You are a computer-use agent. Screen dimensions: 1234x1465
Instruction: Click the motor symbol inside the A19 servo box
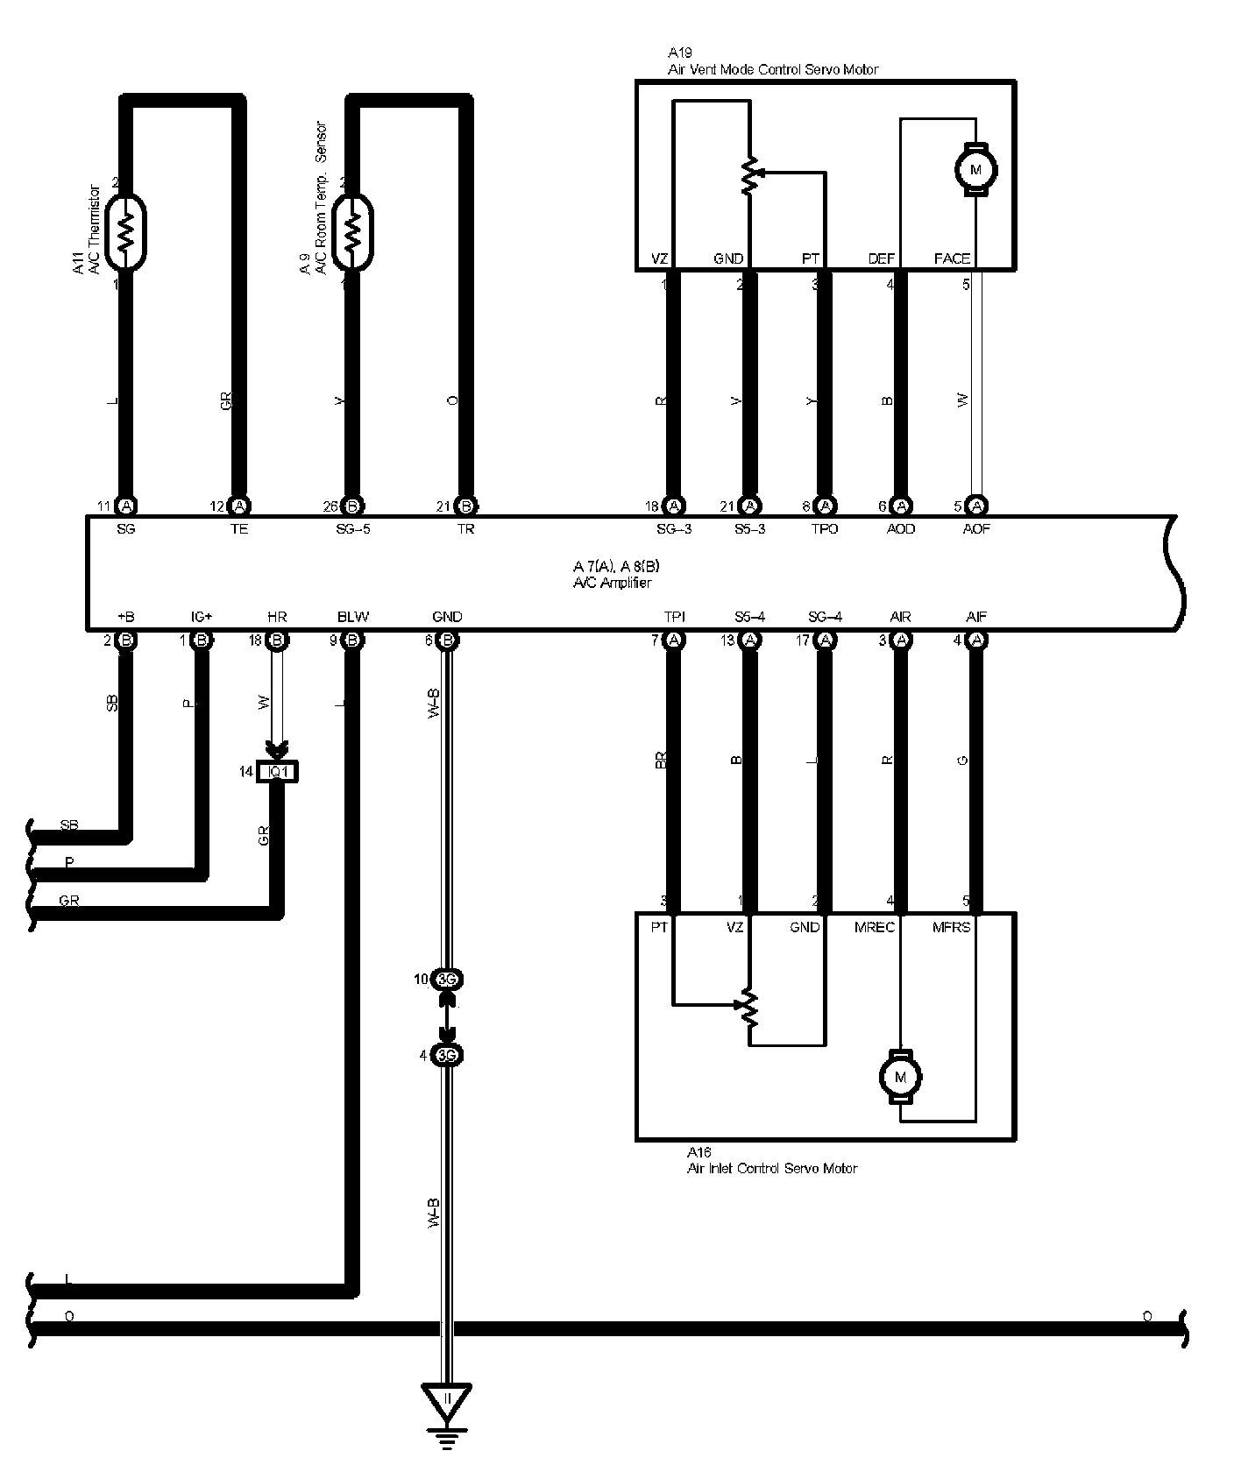[975, 167]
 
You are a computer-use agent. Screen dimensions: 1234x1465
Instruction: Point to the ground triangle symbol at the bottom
[447, 1404]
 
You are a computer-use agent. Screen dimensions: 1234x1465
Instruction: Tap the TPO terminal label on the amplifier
[825, 529]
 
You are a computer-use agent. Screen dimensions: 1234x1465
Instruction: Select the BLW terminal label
[353, 617]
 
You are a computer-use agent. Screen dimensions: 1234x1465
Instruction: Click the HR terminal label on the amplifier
[277, 617]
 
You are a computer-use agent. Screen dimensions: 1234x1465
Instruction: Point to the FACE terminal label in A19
[952, 258]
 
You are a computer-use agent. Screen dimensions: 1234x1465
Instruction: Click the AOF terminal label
[976, 529]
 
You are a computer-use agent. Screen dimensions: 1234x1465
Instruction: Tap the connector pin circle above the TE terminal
[238, 506]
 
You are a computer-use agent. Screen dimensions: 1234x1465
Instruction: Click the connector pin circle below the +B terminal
[125, 640]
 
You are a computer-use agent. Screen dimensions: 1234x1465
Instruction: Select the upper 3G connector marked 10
[448, 979]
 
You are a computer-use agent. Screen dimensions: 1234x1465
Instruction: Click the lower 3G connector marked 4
[448, 1055]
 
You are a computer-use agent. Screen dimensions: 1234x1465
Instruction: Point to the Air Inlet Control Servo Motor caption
[771, 1168]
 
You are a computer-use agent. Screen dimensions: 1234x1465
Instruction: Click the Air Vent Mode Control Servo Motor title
[772, 69]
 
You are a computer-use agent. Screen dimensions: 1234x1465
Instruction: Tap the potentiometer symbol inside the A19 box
[749, 175]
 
